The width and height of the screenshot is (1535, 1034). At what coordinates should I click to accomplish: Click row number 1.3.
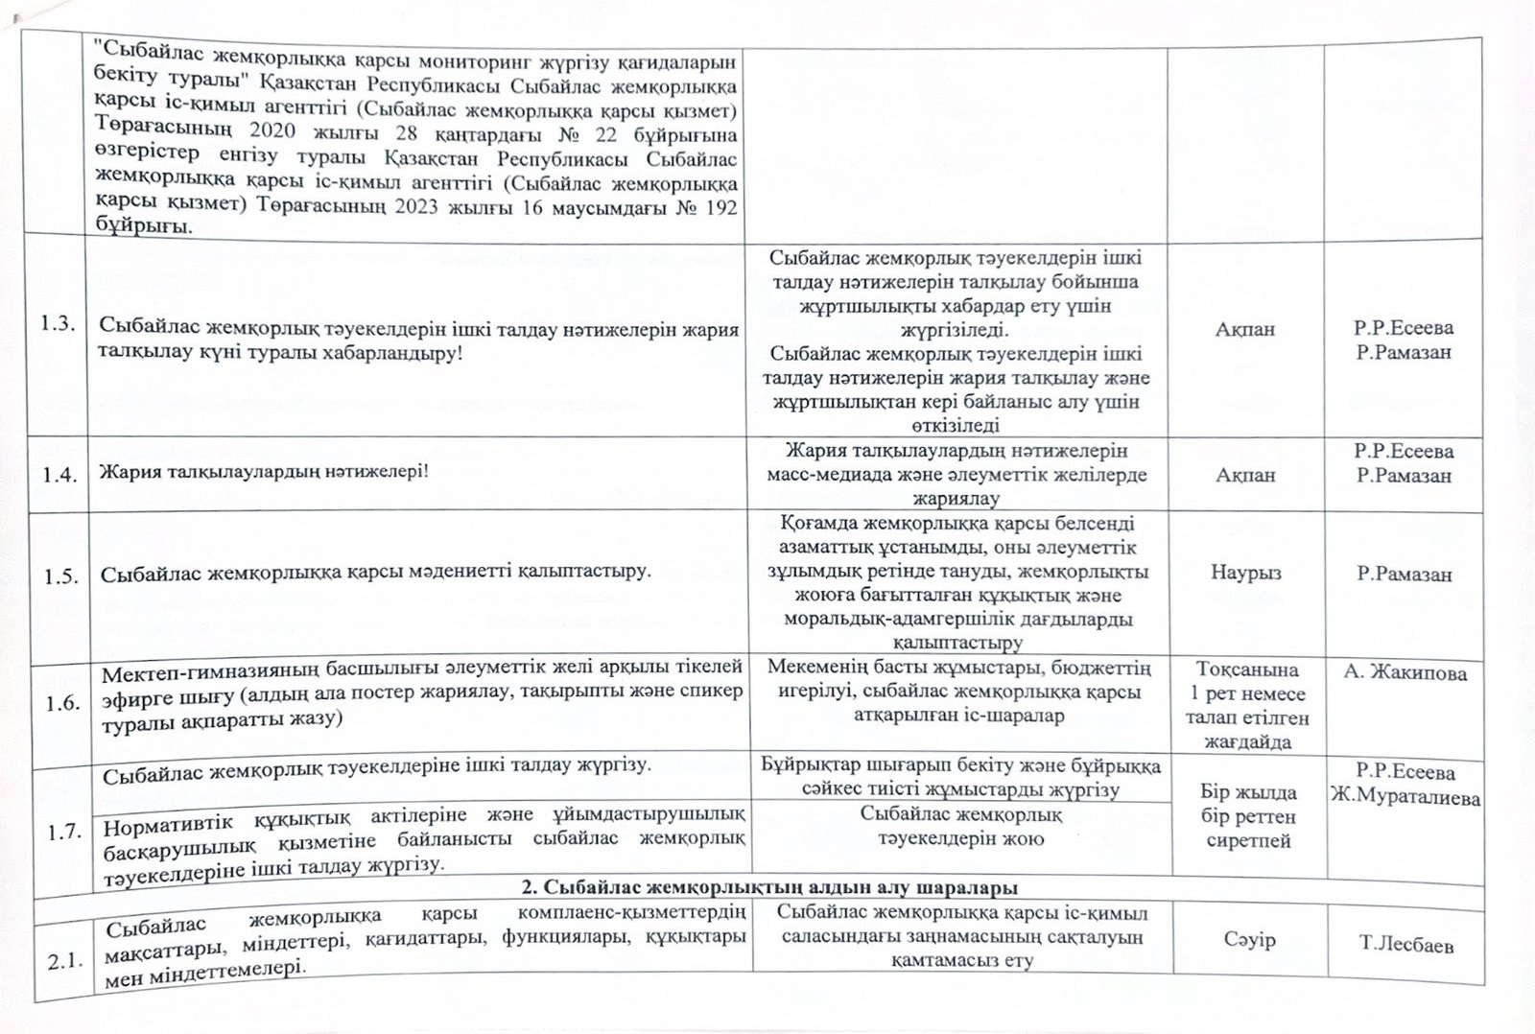click(58, 323)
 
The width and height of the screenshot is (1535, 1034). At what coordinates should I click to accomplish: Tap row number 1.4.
click(59, 474)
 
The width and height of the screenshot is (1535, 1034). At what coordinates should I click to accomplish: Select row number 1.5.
click(60, 576)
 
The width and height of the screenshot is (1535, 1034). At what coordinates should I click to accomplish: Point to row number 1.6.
click(62, 703)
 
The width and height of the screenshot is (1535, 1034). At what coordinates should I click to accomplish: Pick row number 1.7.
click(64, 832)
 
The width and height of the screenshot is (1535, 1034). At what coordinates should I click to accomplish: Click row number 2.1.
click(65, 959)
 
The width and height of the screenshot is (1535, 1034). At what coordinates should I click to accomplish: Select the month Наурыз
click(1245, 573)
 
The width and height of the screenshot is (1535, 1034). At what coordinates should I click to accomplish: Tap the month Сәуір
click(1249, 939)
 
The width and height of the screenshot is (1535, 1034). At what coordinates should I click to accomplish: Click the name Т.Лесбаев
click(1405, 945)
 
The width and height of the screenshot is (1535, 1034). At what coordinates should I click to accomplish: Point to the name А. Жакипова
click(1405, 673)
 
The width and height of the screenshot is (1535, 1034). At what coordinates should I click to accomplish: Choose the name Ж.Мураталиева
click(1405, 797)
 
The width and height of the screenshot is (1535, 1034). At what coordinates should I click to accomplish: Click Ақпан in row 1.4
click(1245, 475)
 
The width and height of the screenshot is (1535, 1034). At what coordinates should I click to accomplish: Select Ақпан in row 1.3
click(1245, 329)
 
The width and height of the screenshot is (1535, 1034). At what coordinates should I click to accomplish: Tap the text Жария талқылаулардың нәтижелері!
click(264, 472)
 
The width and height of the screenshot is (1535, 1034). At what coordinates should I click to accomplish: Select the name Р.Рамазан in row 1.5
click(1404, 575)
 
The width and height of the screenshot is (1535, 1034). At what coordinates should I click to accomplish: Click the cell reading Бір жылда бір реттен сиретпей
click(1248, 816)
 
